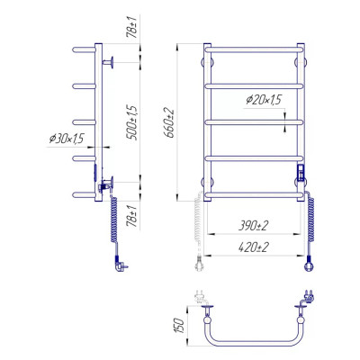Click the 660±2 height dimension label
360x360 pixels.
coord(170,122)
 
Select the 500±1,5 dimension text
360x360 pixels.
coord(132,122)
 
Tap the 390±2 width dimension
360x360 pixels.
coord(253,226)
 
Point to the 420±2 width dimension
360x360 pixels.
coord(254,247)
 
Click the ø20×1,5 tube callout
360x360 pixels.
coord(264,100)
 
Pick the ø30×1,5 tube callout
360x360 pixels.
coord(67,139)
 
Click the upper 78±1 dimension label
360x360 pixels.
coord(132,27)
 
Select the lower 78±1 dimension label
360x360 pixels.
coord(132,216)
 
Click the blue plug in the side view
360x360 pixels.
coord(121,264)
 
